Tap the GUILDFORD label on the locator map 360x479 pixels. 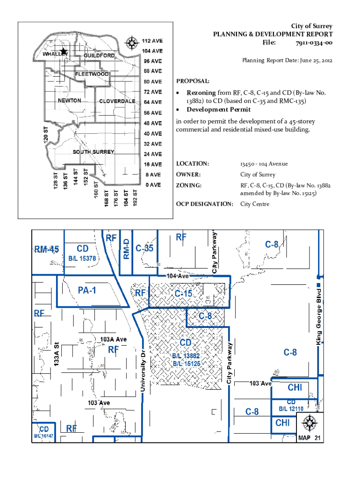[99, 56]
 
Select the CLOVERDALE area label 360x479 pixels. [117, 101]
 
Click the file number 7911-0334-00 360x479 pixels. [314, 43]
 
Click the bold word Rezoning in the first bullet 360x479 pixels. [202, 93]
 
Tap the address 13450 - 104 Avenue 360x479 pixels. [264, 164]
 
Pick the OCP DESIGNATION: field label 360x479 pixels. [204, 204]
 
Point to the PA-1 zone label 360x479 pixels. [87, 290]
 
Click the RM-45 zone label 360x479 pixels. [46, 249]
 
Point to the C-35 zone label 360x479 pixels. [144, 248]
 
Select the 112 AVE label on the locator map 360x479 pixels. [152, 40]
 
